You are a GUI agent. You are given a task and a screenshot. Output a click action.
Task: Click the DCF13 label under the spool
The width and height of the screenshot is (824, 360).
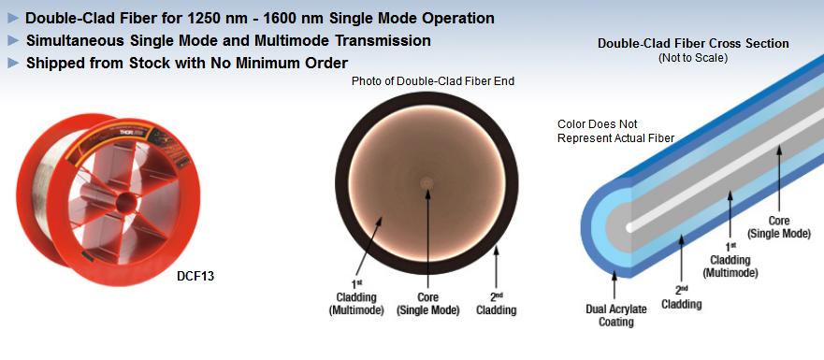195,276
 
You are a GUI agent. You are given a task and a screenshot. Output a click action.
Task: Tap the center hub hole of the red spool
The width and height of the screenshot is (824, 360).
125,202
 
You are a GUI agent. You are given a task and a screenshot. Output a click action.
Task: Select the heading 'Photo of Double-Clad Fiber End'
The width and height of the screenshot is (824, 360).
432,81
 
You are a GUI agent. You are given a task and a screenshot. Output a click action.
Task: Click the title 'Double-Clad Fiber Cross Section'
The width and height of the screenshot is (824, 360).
693,44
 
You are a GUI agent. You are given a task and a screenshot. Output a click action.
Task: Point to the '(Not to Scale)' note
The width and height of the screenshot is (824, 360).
693,58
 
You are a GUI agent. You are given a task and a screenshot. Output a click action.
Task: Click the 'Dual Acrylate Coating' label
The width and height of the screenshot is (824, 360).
616,315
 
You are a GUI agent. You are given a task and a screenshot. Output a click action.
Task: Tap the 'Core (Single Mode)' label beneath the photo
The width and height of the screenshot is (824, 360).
427,304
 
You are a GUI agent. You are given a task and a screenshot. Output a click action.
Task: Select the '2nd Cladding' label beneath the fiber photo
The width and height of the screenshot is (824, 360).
496,304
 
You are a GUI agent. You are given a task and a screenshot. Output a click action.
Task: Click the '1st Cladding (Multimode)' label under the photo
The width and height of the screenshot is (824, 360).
356,298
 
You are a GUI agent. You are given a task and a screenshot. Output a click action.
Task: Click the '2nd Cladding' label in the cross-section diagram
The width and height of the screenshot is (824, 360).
681,297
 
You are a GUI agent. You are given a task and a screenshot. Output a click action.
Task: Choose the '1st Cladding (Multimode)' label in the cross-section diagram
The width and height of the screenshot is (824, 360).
730,261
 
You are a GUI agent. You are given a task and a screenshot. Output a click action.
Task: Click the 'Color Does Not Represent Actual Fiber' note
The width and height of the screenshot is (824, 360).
615,132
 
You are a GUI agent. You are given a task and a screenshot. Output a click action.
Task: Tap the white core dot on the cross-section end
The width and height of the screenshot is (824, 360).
629,227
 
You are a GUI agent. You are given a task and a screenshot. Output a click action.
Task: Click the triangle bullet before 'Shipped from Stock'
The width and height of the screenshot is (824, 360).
14,64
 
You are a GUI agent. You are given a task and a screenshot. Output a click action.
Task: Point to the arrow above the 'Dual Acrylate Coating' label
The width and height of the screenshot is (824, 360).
614,286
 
